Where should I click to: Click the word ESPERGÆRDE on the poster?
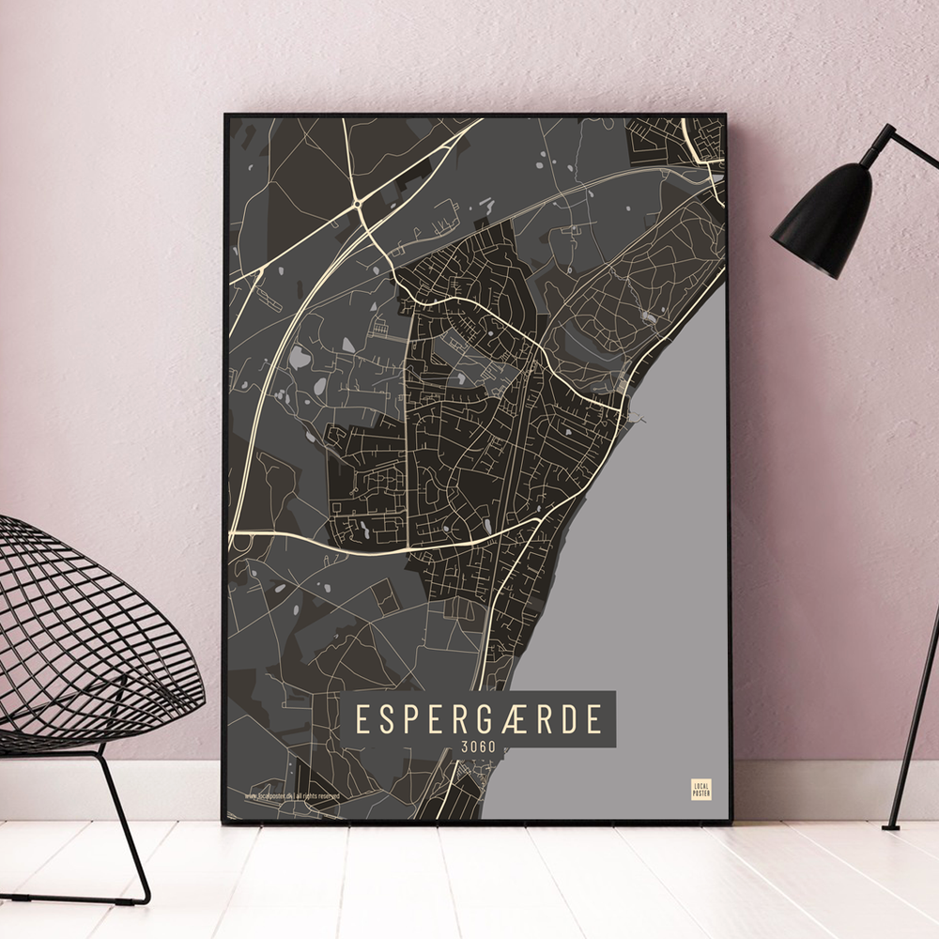tap(479, 719)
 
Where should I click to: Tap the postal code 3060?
tap(479, 747)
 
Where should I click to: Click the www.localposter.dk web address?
tap(268, 796)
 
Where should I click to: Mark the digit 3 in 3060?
tap(465, 747)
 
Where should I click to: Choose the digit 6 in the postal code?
tap(484, 747)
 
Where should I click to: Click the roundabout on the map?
tap(358, 203)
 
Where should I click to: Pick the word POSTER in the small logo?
tap(700, 793)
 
